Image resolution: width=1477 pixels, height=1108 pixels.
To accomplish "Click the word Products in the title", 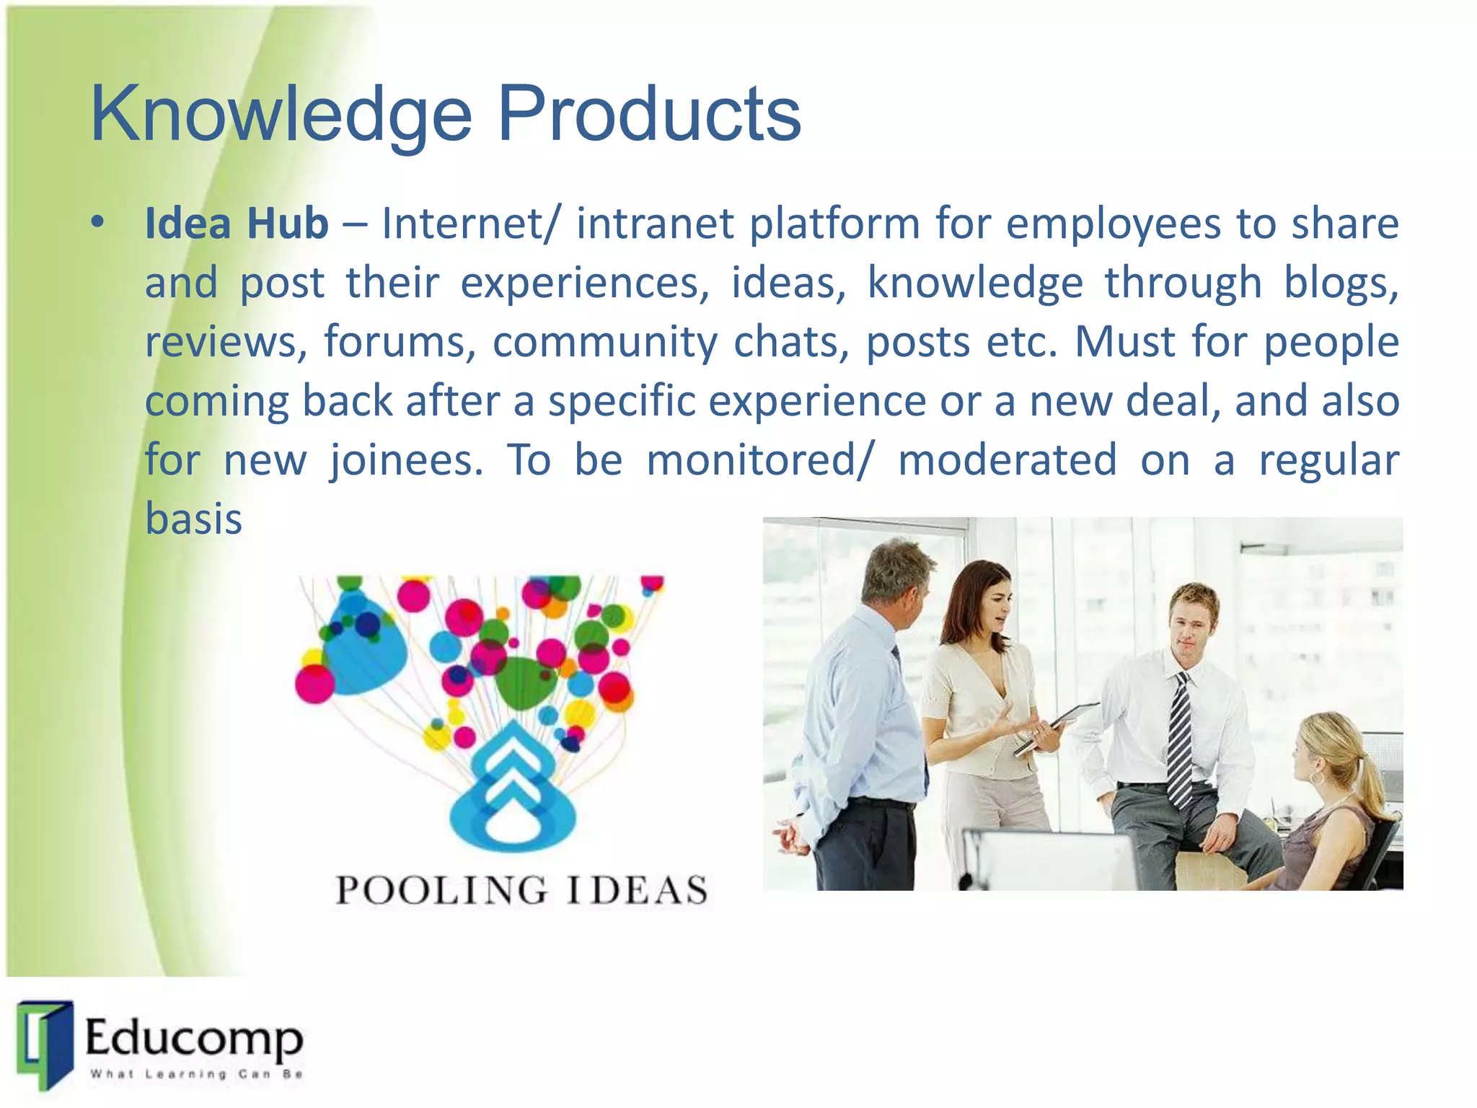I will tap(649, 114).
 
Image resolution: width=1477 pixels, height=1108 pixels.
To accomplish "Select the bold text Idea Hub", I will tap(237, 224).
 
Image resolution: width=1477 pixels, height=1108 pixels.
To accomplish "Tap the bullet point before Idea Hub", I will tap(98, 221).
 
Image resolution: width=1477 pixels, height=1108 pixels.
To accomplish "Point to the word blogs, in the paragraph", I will tap(1341, 283).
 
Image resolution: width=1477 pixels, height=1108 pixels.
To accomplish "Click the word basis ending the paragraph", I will tap(193, 519).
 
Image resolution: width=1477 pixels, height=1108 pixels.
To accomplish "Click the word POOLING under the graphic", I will tap(441, 890).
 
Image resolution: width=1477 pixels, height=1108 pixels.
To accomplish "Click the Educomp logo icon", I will tap(45, 1043).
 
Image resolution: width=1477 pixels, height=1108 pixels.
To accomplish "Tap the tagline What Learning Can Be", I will tap(195, 1074).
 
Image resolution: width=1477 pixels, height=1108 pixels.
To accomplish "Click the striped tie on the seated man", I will tap(1180, 743).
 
